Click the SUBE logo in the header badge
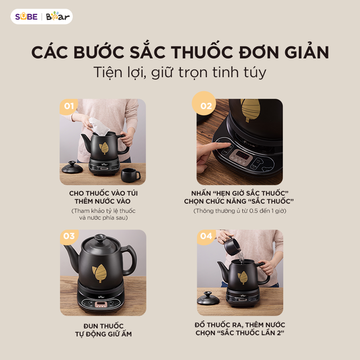[26, 17]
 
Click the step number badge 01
[69, 106]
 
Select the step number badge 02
[206, 106]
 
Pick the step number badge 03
[69, 236]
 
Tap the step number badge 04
[206, 236]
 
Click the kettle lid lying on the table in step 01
[72, 167]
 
